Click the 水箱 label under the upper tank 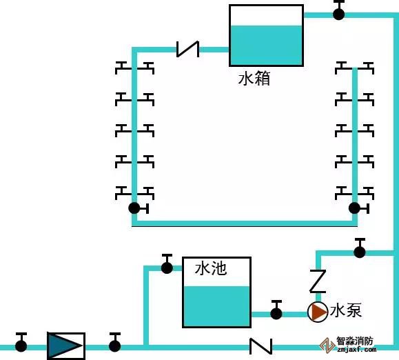pyautogui.click(x=254, y=78)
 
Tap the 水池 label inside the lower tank pyautogui.click(x=211, y=268)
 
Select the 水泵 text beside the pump pyautogui.click(x=345, y=310)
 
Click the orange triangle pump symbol pyautogui.click(x=317, y=312)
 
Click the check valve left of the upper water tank pyautogui.click(x=188, y=49)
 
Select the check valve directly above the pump pyautogui.click(x=318, y=281)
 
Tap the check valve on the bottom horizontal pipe pyautogui.click(x=260, y=346)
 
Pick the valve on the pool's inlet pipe pyautogui.click(x=167, y=264)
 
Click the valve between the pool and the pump pyautogui.click(x=276, y=310)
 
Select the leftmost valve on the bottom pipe pyautogui.click(x=21, y=343)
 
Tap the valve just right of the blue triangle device pyautogui.click(x=115, y=343)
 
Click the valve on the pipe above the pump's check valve pyautogui.click(x=360, y=248)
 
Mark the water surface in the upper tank pyautogui.click(x=266, y=26)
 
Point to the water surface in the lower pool pyautogui.click(x=217, y=287)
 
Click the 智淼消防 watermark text pyautogui.click(x=355, y=341)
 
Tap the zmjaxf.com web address pyautogui.click(x=356, y=349)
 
